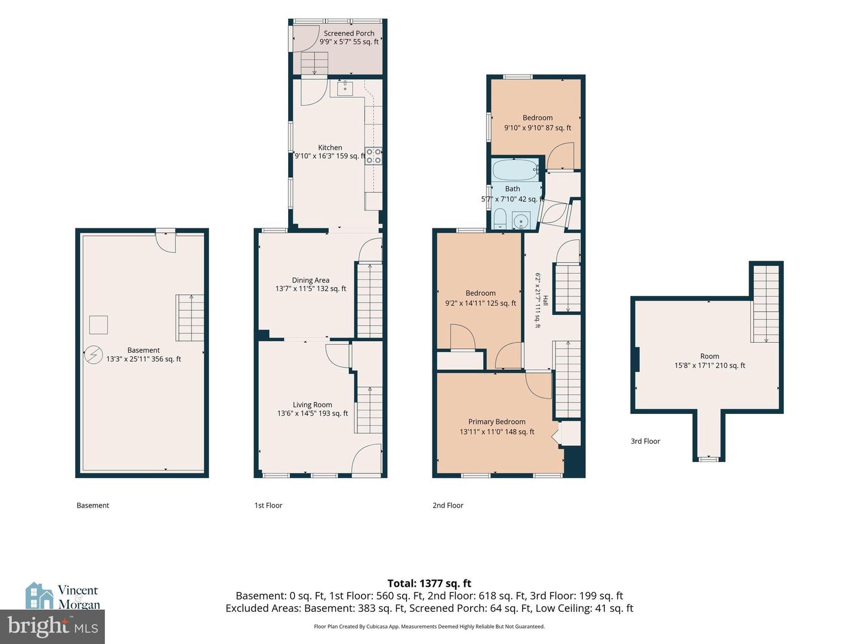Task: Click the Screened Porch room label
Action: pyautogui.click(x=349, y=33)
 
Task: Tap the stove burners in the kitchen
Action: pyautogui.click(x=373, y=155)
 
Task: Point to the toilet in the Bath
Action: pyautogui.click(x=500, y=219)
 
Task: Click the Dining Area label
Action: pyautogui.click(x=311, y=280)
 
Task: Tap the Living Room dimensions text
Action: pyautogui.click(x=313, y=413)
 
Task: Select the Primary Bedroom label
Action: pyautogui.click(x=497, y=422)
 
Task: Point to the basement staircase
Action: pyautogui.click(x=190, y=317)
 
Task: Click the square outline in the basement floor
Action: pyautogui.click(x=98, y=325)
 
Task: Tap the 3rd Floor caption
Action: pyautogui.click(x=645, y=441)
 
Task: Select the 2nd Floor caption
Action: pyautogui.click(x=448, y=505)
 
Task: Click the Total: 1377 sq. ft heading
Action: pyautogui.click(x=429, y=583)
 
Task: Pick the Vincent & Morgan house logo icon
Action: pyautogui.click(x=39, y=596)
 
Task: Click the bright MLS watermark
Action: pyautogui.click(x=52, y=627)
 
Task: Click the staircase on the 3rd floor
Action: pyautogui.click(x=766, y=304)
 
